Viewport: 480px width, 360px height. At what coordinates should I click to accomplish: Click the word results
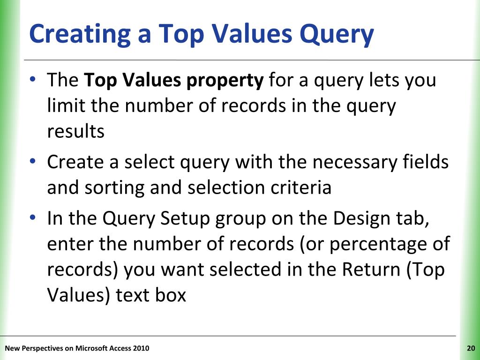pyautogui.click(x=75, y=132)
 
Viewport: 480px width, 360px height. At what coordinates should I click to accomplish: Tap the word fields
pyautogui.click(x=427, y=162)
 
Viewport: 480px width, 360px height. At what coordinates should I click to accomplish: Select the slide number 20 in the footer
pyautogui.click(x=471, y=348)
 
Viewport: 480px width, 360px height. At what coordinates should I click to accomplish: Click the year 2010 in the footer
pyautogui.click(x=141, y=348)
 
